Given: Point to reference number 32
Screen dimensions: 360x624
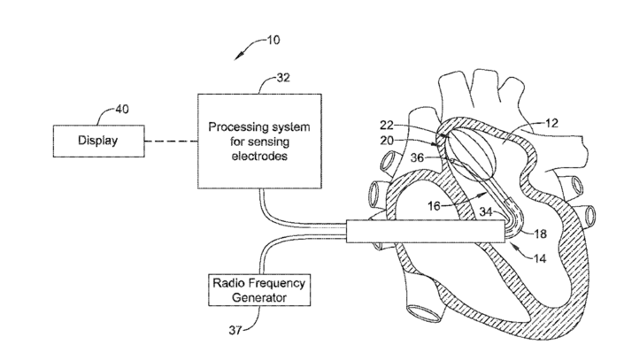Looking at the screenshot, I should pos(283,78).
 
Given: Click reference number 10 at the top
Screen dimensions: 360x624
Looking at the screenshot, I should pos(277,40).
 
